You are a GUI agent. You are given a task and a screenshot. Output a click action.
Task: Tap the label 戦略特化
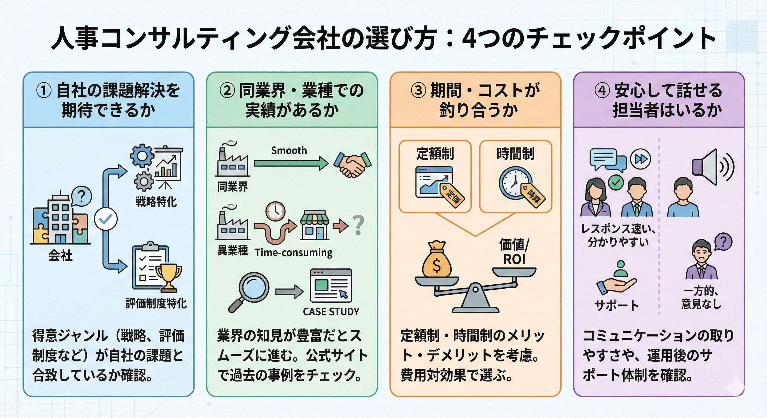click(x=156, y=202)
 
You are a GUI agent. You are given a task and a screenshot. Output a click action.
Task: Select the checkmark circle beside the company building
click(x=106, y=219)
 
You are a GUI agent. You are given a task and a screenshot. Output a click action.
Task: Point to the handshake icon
click(x=352, y=165)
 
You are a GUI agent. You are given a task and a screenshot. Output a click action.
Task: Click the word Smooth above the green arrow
click(x=289, y=151)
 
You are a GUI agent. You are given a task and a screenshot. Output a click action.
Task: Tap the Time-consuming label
click(x=294, y=253)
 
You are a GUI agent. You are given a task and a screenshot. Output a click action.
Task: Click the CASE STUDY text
click(x=331, y=312)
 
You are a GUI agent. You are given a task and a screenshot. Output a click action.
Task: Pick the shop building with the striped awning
click(x=315, y=225)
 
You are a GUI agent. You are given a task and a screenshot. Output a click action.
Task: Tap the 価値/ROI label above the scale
click(x=514, y=252)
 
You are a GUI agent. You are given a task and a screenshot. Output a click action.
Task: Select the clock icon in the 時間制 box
click(x=515, y=182)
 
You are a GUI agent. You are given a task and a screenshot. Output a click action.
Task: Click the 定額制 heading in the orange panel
click(x=435, y=154)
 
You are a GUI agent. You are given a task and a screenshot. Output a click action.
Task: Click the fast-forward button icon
click(x=640, y=159)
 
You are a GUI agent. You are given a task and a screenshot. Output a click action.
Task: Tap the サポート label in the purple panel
click(x=616, y=306)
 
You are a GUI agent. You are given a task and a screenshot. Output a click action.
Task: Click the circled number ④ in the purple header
click(x=602, y=90)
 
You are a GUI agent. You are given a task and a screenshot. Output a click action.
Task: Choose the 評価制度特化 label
click(x=156, y=303)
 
